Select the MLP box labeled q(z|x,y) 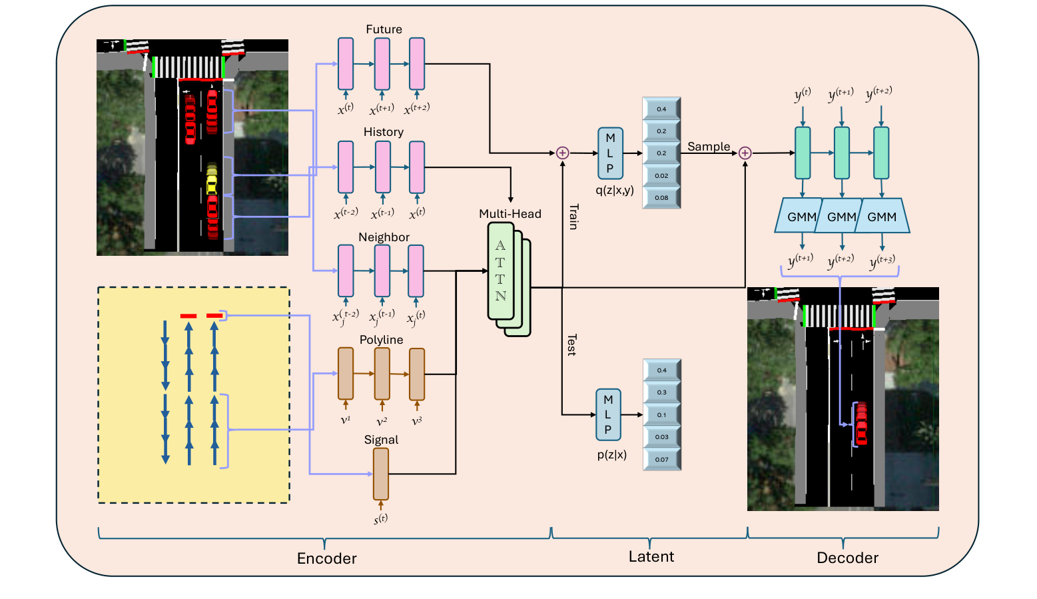(x=610, y=153)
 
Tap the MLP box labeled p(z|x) (x=608, y=414)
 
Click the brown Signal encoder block (x=381, y=474)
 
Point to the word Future (x=384, y=29)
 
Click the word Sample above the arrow (x=709, y=147)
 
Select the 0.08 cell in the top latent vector (x=661, y=198)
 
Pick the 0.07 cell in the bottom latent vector (x=661, y=459)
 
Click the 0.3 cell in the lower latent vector (x=661, y=392)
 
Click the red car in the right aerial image (x=861, y=423)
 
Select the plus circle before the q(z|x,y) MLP (x=563, y=153)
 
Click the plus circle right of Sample (x=745, y=153)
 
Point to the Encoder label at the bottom (x=326, y=558)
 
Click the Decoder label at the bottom (x=847, y=558)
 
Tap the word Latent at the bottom (x=651, y=556)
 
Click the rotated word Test (x=571, y=345)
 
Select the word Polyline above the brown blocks (x=381, y=340)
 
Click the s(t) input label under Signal (x=381, y=518)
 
